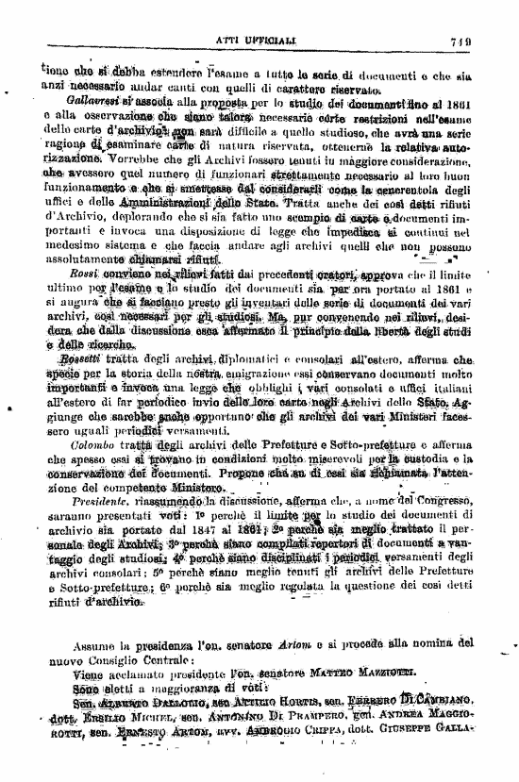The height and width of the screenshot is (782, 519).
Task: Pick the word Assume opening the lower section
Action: [91, 644]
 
